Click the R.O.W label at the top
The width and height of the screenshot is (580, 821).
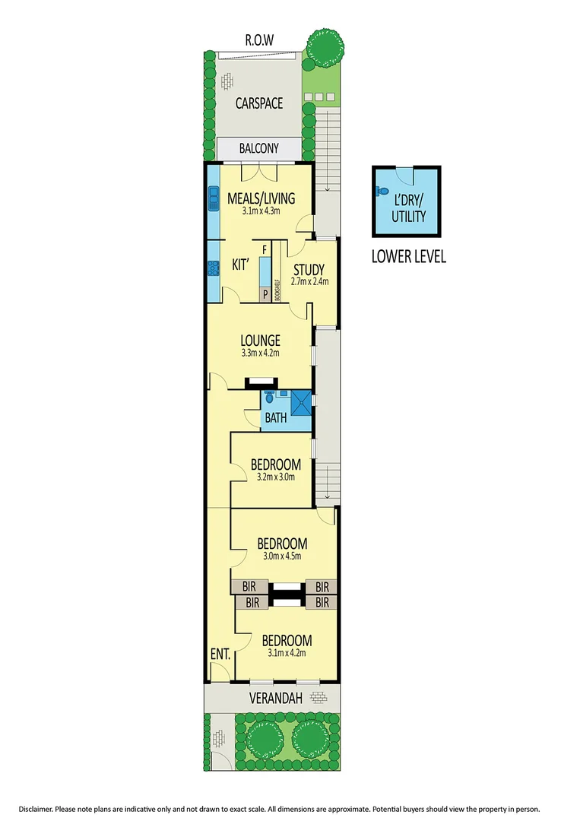(x=258, y=40)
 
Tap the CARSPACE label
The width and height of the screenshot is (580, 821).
(x=258, y=103)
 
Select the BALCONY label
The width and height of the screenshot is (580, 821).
(x=258, y=149)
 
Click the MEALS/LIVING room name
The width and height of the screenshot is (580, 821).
(x=261, y=199)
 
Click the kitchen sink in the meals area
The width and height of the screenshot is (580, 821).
(x=214, y=198)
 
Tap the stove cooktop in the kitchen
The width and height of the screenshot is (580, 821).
(x=214, y=268)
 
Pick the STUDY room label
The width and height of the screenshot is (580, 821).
(x=309, y=270)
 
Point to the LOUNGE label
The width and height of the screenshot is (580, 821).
(x=261, y=340)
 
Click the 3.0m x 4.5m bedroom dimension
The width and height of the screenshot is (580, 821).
(x=282, y=556)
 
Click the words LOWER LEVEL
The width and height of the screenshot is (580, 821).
(x=408, y=256)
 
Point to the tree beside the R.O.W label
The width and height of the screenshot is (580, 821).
(x=325, y=47)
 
